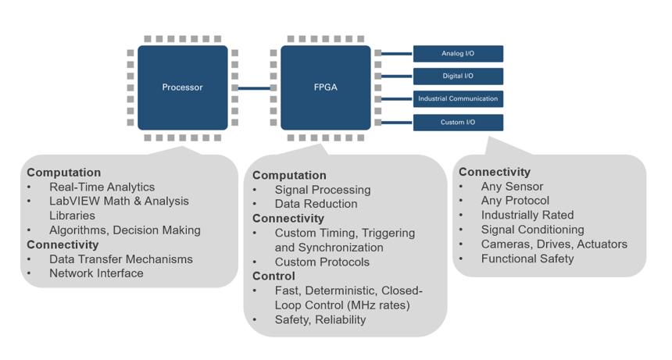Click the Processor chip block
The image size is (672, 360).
[182, 87]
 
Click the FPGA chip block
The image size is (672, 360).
[325, 87]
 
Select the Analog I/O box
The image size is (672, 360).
[458, 54]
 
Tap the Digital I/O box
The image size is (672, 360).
[458, 77]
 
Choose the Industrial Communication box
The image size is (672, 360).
[458, 99]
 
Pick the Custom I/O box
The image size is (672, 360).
[458, 123]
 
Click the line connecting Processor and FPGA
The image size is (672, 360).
[254, 88]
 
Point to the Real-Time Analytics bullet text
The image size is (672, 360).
[102, 187]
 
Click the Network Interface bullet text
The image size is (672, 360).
[96, 273]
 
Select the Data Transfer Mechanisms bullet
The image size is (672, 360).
[120, 259]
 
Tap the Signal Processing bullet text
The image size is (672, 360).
[323, 190]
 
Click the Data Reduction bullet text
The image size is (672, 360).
[316, 204]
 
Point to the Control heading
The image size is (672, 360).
[273, 276]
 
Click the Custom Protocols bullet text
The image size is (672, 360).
[322, 262]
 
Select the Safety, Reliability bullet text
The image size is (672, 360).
[320, 319]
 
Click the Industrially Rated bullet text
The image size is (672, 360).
[527, 215]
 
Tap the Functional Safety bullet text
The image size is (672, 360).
[527, 258]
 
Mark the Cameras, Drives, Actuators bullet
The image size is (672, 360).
[554, 244]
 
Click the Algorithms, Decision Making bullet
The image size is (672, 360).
[125, 230]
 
